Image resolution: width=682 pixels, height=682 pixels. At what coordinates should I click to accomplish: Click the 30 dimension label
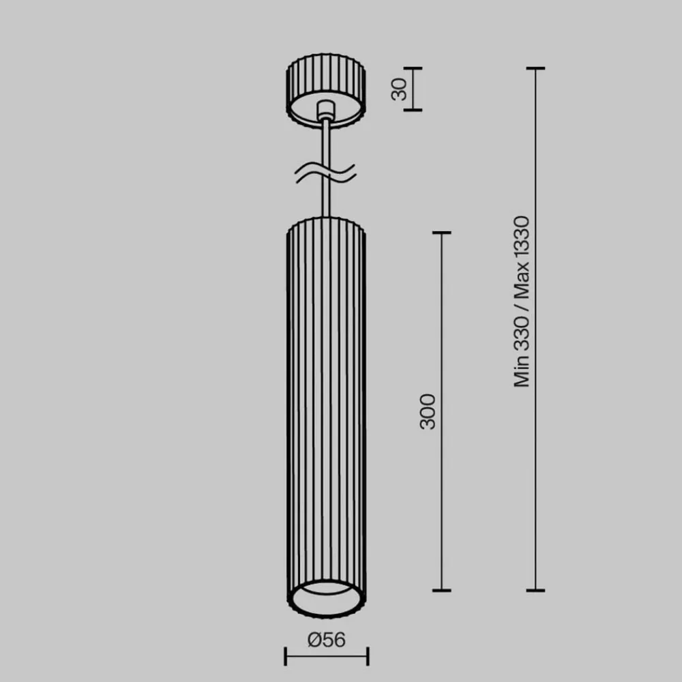click(x=400, y=89)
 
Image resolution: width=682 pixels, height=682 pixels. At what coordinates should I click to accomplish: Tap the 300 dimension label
click(x=428, y=411)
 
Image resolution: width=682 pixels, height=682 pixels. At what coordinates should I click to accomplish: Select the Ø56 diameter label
click(x=326, y=640)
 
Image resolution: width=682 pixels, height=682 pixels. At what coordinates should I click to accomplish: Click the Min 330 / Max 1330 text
click(x=522, y=301)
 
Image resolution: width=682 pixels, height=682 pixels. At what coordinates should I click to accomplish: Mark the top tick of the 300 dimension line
click(x=442, y=233)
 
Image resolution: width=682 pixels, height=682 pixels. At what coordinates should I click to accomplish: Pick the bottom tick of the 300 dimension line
click(x=442, y=590)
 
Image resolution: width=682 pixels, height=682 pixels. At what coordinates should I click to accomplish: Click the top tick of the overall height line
click(x=535, y=69)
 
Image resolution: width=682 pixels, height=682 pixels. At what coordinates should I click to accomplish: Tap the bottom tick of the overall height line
click(x=535, y=590)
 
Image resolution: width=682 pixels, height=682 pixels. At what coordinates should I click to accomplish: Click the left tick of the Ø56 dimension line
click(x=285, y=657)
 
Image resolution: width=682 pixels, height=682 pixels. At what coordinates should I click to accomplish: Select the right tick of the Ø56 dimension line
click(x=368, y=657)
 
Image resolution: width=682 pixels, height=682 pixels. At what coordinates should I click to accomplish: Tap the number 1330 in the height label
click(x=522, y=238)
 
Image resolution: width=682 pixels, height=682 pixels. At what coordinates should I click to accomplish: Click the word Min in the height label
click(x=522, y=373)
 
